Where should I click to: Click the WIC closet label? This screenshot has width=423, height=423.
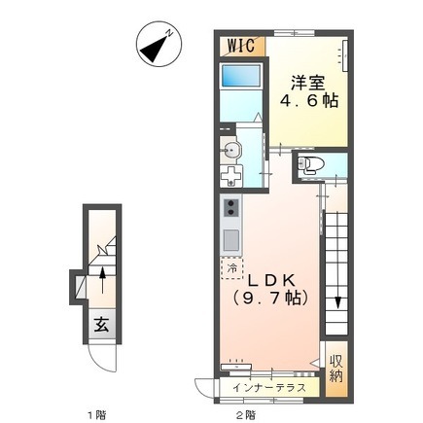pos(241,45)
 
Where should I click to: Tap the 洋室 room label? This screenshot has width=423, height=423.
pos(307,83)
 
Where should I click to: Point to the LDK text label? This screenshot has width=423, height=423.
pos(271,281)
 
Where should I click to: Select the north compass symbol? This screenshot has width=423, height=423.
pos(159,44)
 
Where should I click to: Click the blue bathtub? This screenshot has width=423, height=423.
pos(241,75)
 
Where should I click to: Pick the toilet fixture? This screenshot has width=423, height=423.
pos(305,164)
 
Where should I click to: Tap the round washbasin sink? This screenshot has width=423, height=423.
pos(230,151)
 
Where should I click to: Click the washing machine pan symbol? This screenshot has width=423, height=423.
pos(231,176)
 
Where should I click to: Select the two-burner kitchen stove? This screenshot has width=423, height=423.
pos(231,208)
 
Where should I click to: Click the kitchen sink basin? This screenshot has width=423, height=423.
pos(231,240)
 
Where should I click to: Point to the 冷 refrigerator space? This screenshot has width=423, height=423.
pos(231,268)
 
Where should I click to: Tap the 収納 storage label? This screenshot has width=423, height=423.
pos(336,369)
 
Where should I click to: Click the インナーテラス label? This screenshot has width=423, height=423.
pos(269,387)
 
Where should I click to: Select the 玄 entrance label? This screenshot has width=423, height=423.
pos(101,325)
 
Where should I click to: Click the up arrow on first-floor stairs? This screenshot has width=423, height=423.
pos(102,280)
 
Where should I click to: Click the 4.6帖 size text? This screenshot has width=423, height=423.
pos(309,101)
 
